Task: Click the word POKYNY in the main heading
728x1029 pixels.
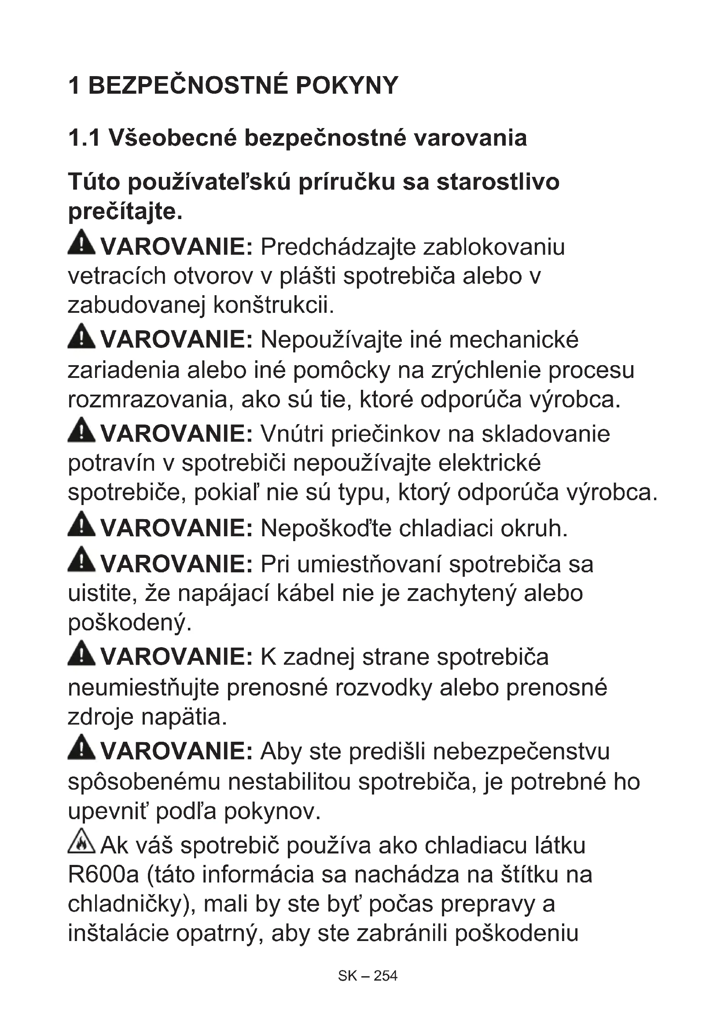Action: [346, 85]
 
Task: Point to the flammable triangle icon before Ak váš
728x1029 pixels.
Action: [81, 841]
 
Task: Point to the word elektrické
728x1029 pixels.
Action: [489, 463]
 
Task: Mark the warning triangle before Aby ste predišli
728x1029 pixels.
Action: [81, 747]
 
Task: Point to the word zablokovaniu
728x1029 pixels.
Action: [493, 247]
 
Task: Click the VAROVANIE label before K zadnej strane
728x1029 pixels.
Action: [176, 657]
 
